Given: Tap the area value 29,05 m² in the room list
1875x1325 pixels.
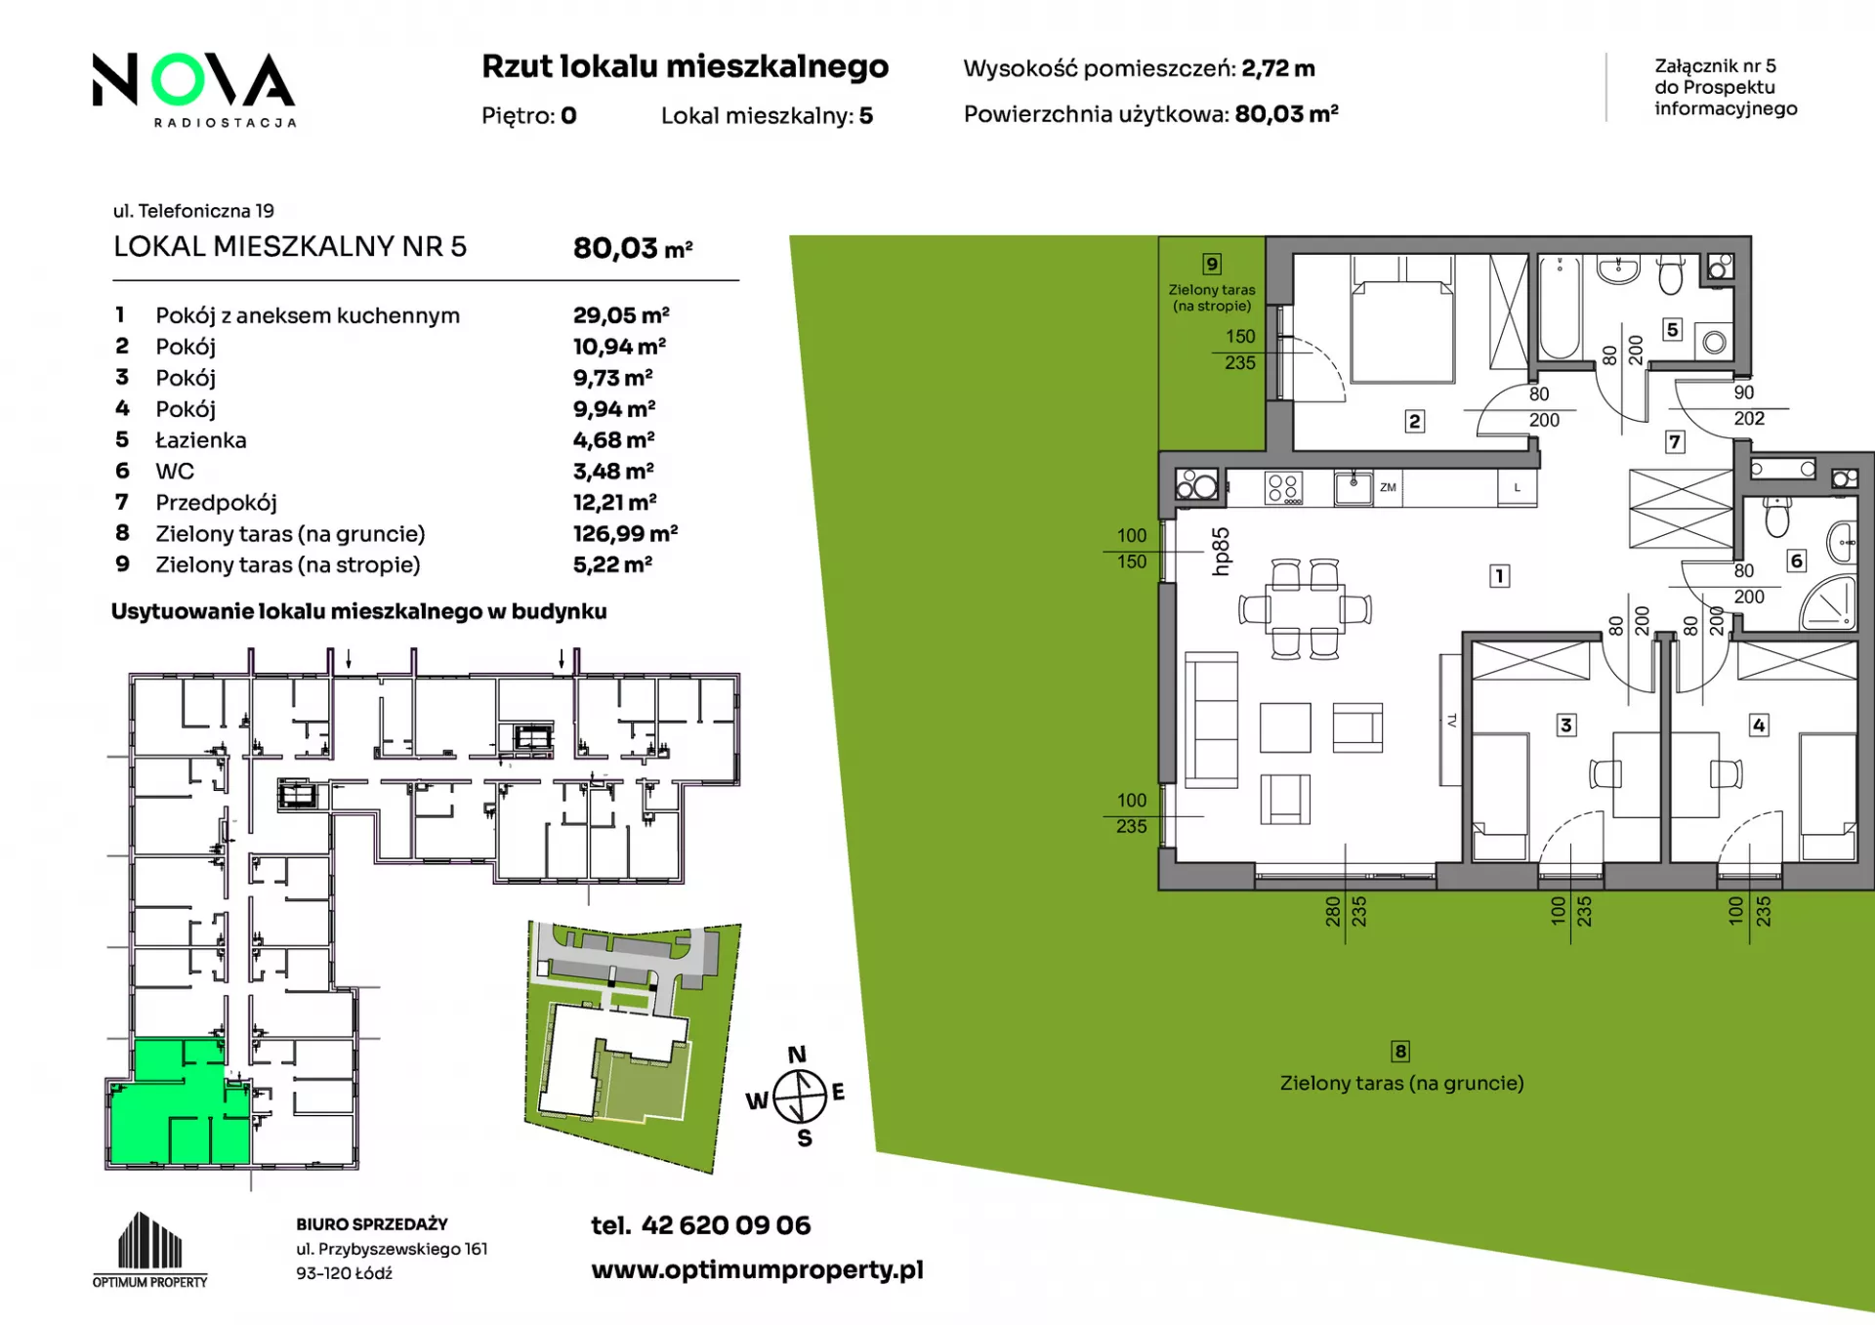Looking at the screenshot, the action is point(621,315).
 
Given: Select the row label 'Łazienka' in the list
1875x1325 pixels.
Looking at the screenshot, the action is point(201,439).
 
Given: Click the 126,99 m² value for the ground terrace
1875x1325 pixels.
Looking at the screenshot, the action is point(625,533).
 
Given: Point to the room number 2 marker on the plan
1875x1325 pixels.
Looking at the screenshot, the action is point(1414,421).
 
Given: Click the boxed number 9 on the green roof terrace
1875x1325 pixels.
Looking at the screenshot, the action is point(1212,264).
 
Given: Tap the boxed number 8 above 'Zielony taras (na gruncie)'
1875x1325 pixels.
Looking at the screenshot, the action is point(1400,1051).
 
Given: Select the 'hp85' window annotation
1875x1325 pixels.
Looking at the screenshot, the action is point(1220,552).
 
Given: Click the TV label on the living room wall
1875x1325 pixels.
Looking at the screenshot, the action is point(1451,721).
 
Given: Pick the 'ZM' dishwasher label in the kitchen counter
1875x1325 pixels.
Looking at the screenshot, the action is point(1388,487).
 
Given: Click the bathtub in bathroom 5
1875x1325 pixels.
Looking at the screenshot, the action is point(1560,308).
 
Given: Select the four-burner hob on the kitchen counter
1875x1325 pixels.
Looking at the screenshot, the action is point(1283,487).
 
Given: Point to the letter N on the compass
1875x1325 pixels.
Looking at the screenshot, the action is point(797,1055).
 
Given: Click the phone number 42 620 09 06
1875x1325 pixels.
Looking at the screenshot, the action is point(726,1225).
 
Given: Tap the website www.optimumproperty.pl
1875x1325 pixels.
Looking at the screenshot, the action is point(757,1269).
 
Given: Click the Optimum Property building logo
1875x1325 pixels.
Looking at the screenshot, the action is point(150,1250).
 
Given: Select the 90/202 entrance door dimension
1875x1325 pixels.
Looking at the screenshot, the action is point(1748,405).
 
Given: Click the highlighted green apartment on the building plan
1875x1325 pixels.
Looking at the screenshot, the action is point(181,1103).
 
